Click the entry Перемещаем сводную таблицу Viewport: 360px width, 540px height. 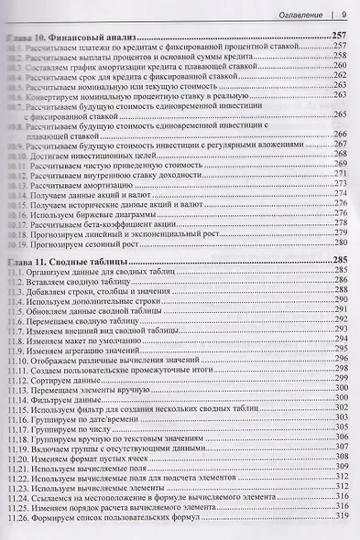coord(88,324)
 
